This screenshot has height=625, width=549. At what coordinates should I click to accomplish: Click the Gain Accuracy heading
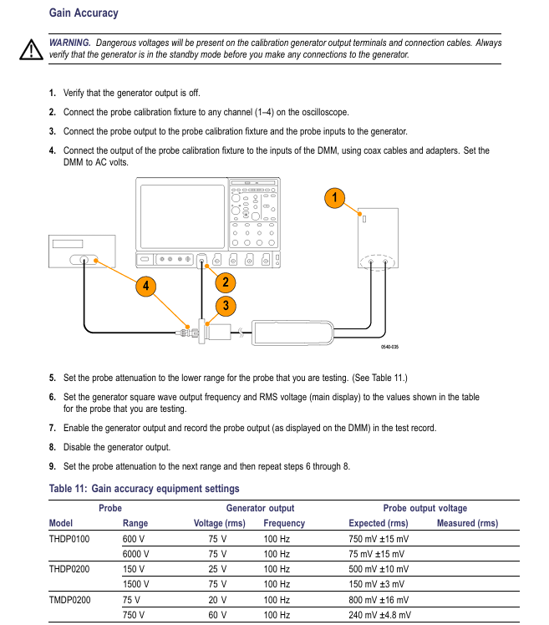[x=84, y=13]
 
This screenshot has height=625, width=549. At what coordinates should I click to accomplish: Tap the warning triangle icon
[x=31, y=50]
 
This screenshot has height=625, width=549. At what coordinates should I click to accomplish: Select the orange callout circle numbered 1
[x=334, y=198]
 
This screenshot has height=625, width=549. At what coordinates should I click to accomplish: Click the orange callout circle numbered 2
[x=226, y=282]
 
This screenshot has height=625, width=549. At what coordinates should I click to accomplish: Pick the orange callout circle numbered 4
[x=146, y=286]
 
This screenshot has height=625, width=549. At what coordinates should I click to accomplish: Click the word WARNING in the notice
[x=69, y=43]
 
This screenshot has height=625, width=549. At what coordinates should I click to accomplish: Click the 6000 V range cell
[x=136, y=554]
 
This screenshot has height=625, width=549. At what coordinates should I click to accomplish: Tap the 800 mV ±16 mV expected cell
[x=379, y=599]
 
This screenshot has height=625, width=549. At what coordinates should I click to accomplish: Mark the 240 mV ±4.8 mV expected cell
[x=379, y=614]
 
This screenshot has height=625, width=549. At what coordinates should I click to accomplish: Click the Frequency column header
[x=284, y=523]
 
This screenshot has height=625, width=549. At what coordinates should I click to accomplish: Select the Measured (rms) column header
[x=467, y=523]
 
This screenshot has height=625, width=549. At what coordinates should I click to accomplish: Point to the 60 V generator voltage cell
[x=218, y=614]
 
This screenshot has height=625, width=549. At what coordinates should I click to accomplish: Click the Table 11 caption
[x=144, y=489]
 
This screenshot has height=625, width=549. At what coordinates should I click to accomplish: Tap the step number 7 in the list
[x=53, y=428]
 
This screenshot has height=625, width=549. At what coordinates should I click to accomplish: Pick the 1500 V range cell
[x=136, y=584]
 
